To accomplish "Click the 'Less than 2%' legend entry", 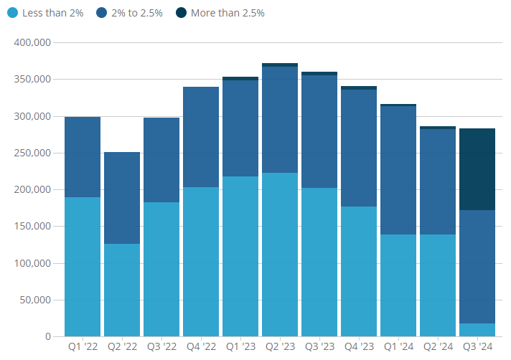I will tap(52, 14).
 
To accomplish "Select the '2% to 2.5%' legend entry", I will tap(137, 14).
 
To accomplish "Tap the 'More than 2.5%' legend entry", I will tap(228, 14).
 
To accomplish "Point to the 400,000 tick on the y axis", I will tap(32, 42).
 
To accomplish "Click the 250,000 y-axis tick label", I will tap(32, 153).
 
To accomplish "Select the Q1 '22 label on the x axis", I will tap(83, 346).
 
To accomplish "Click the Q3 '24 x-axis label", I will tap(477, 346).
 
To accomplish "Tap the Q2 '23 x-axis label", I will tap(280, 346).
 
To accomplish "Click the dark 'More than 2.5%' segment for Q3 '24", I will tap(477, 169).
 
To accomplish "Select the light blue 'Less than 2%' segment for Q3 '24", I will tap(477, 330).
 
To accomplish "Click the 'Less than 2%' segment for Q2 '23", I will tap(280, 255).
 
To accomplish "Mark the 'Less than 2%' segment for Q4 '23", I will tap(359, 271).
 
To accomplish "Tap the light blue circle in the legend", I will tap(11, 14).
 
